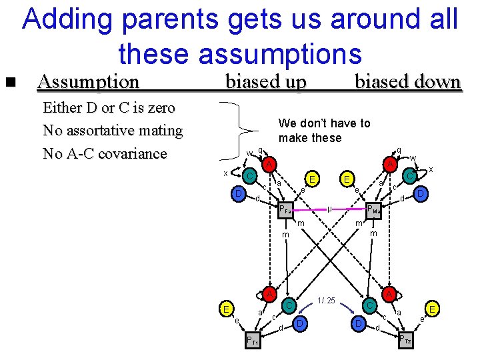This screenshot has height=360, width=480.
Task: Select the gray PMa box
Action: [375, 209]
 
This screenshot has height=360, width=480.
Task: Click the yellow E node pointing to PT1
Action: [227, 309]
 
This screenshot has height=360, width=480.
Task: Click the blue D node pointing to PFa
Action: [238, 194]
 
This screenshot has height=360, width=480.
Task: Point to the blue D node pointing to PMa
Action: [420, 193]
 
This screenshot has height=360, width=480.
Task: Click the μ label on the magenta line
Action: [330, 209]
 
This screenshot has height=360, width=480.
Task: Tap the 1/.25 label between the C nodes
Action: [327, 300]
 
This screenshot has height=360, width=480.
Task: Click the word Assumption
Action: [89, 82]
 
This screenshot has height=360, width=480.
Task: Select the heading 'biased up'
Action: [266, 82]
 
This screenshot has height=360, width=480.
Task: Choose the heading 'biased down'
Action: [407, 82]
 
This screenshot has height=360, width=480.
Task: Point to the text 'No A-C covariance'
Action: [105, 153]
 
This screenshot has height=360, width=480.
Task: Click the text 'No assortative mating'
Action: [112, 131]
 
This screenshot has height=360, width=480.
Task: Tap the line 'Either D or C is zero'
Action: [109, 108]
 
